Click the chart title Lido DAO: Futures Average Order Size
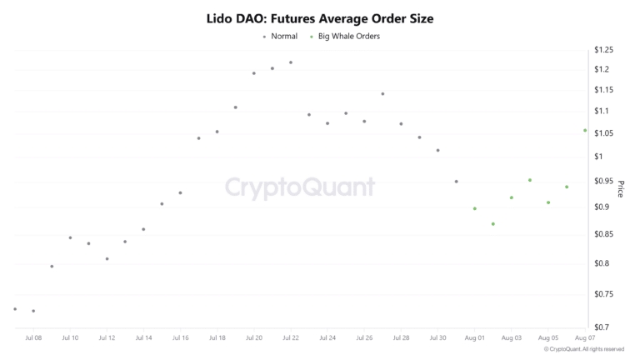(320, 17)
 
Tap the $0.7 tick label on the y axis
(603, 327)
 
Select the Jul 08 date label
(34, 338)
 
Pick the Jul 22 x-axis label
(291, 338)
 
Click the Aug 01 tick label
(475, 338)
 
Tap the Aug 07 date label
(585, 338)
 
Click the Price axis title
(620, 189)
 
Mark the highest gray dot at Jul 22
(291, 62)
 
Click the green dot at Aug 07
(585, 130)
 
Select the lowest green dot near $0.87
(493, 224)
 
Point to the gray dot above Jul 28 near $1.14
(382, 94)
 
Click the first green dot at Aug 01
(475, 208)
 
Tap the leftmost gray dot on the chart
(15, 309)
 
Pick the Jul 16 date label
(181, 338)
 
